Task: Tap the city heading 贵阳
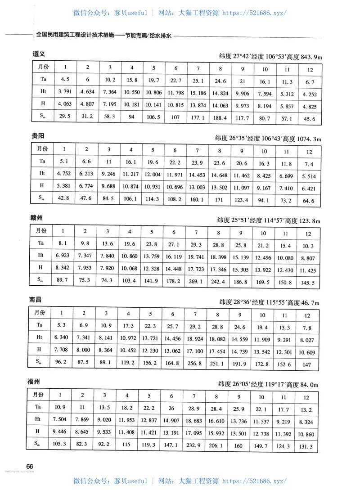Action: pyautogui.click(x=38, y=135)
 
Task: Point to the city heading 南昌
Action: pyautogui.click(x=36, y=299)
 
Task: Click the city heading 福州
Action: pyautogui.click(x=35, y=382)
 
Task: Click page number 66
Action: pyautogui.click(x=31, y=466)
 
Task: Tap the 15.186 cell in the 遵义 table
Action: pyautogui.click(x=198, y=93)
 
